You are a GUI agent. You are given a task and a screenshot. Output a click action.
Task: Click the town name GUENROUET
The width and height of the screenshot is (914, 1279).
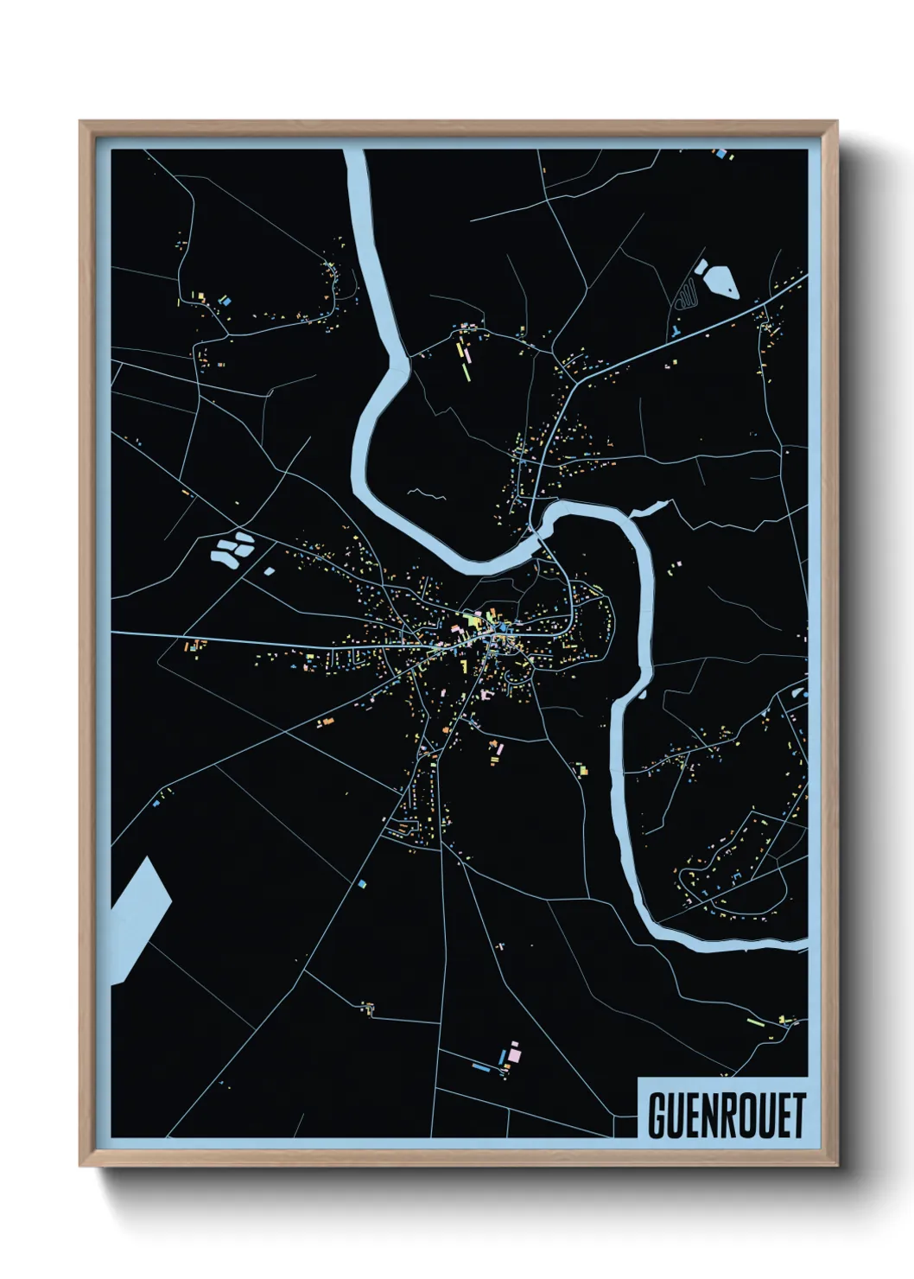click(x=726, y=1115)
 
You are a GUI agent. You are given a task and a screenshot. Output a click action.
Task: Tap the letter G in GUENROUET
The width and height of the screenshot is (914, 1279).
click(x=657, y=1115)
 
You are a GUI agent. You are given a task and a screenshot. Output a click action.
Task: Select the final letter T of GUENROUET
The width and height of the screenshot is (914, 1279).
click(x=797, y=1115)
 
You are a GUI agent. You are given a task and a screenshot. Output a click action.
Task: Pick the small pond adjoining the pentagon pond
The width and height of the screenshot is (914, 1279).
click(x=700, y=266)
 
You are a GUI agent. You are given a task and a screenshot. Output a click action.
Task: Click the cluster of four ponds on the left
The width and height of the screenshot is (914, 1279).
click(x=232, y=549)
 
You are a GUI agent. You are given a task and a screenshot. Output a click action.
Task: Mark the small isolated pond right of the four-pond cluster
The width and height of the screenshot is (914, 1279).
click(x=269, y=570)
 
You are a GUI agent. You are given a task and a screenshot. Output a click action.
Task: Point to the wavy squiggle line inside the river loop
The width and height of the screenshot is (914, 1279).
click(x=427, y=494)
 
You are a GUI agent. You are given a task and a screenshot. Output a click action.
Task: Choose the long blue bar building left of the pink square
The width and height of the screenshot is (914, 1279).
click(x=481, y=1068)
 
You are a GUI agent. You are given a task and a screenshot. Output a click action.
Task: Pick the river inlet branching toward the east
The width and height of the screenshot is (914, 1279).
click(x=651, y=508)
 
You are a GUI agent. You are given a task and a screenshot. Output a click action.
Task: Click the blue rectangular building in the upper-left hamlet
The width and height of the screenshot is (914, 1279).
click(x=226, y=301)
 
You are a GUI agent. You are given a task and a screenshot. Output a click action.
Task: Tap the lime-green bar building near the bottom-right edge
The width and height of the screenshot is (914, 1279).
click(x=753, y=1022)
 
